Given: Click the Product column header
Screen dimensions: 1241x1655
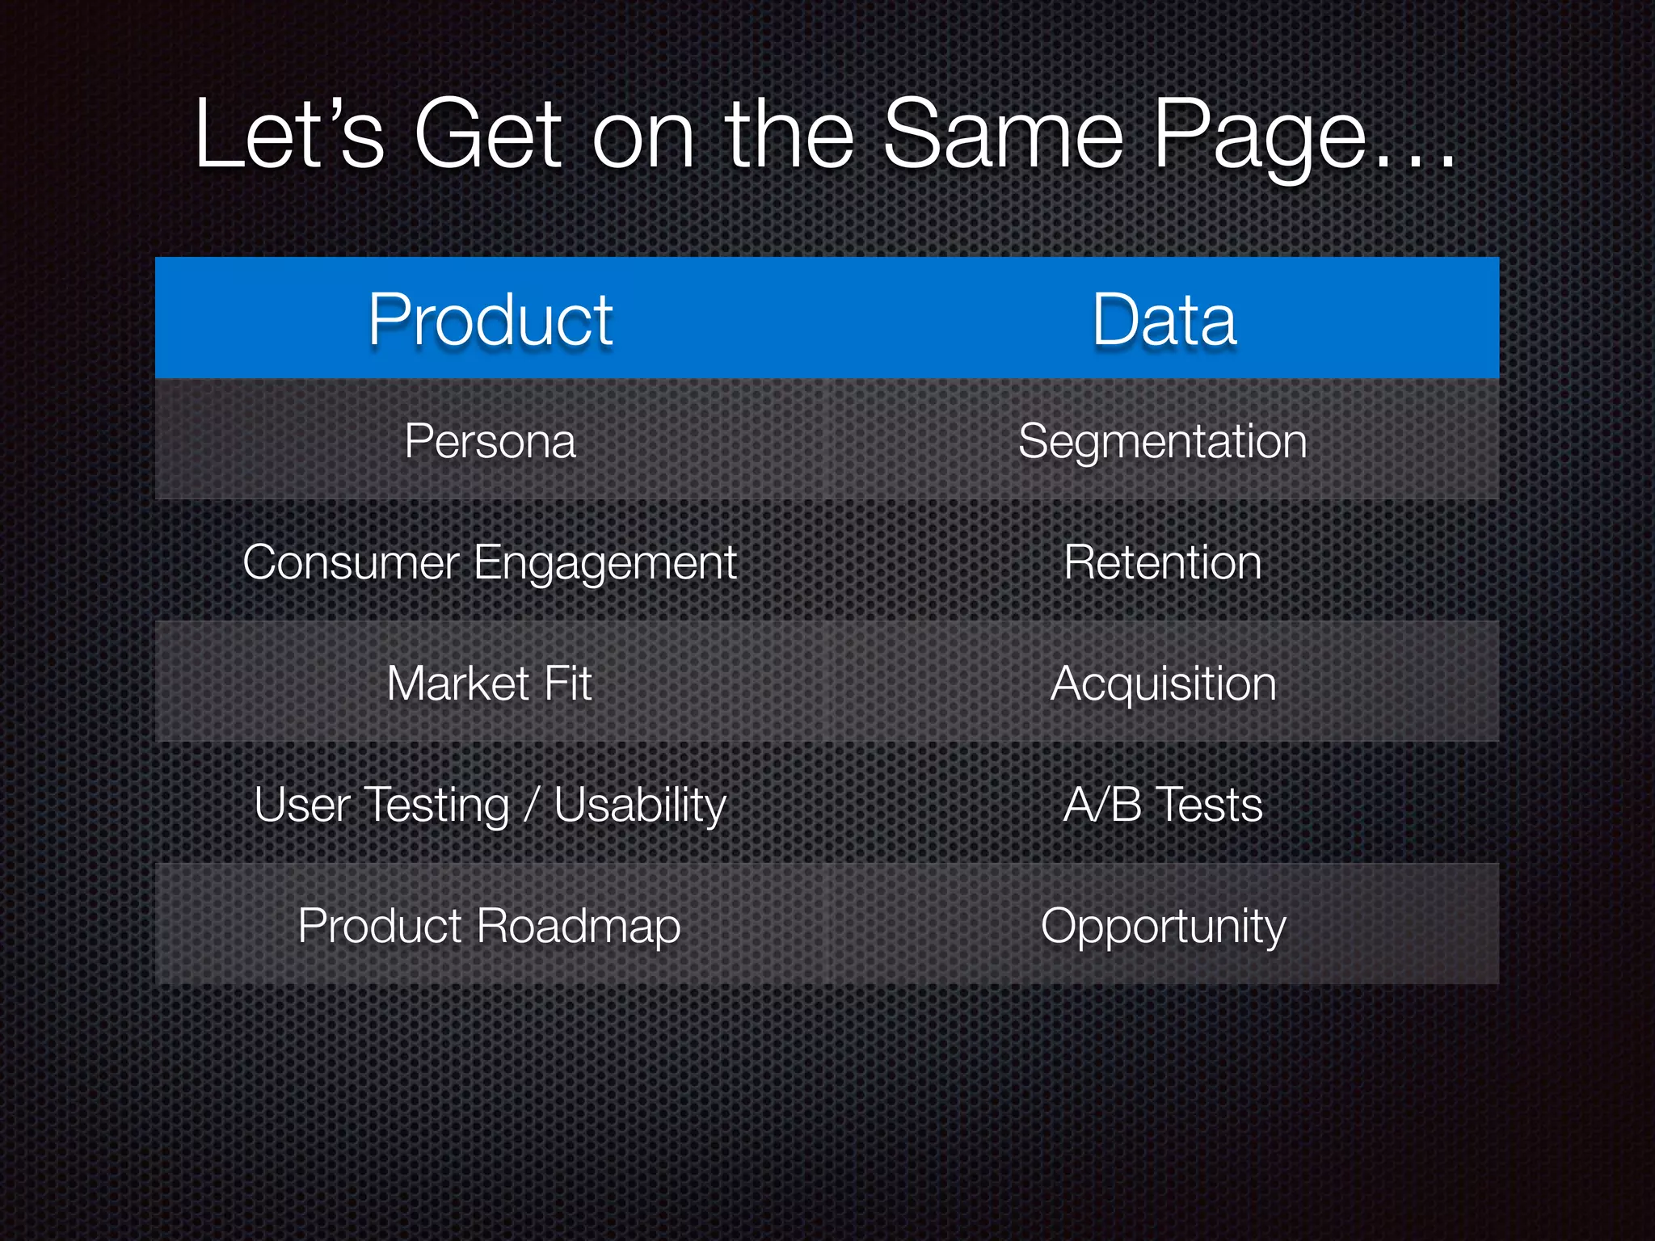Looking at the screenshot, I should (491, 320).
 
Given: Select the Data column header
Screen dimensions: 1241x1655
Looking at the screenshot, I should (1164, 320).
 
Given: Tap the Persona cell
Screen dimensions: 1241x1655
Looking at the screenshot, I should (491, 441).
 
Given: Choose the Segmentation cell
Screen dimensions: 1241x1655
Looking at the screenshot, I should (1163, 441).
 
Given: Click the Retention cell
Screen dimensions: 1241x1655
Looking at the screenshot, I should (1163, 562).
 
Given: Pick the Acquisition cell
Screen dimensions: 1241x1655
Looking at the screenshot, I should (1164, 684).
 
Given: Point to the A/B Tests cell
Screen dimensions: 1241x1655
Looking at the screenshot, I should (1163, 805).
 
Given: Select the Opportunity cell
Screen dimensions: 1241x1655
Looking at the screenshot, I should (1163, 926).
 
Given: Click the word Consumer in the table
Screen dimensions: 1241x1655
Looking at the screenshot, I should (351, 562).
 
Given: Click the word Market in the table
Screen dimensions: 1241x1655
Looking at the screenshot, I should (457, 684).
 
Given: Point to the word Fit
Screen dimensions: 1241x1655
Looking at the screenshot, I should (568, 684).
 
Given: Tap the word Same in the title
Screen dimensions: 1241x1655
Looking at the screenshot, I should (1003, 134).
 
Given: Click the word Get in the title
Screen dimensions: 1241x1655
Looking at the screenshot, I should (487, 134).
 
